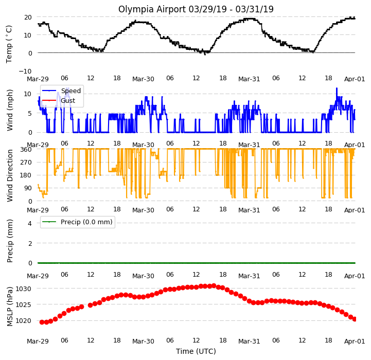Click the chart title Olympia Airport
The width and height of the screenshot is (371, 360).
[x=152, y=9]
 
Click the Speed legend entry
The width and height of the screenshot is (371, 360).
[x=61, y=91]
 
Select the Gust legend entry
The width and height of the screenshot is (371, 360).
[x=59, y=100]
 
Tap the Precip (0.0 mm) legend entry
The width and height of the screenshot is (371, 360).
[x=77, y=222]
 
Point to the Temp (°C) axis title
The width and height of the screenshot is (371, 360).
[x=9, y=44]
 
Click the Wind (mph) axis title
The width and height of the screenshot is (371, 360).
[x=9, y=110]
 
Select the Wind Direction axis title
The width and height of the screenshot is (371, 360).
[x=9, y=175]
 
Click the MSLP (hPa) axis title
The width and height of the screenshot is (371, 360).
[x=9, y=307]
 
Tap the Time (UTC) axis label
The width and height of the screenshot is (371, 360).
[x=196, y=351]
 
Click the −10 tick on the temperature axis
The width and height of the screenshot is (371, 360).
[x=25, y=71]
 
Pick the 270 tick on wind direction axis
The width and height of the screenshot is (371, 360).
[x=27, y=163]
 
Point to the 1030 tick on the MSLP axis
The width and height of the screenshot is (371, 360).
[x=24, y=289]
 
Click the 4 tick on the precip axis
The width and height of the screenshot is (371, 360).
[x=30, y=223]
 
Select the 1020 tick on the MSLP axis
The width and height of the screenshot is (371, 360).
[x=24, y=321]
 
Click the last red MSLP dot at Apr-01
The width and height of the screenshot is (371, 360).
[x=355, y=319]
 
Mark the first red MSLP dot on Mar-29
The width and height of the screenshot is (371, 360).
[x=42, y=322]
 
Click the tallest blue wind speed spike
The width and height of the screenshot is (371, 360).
[x=337, y=88]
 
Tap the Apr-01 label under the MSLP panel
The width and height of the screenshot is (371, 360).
[x=355, y=341]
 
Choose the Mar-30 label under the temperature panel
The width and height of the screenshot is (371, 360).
[x=143, y=79]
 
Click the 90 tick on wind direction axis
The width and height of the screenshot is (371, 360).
[x=28, y=188]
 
